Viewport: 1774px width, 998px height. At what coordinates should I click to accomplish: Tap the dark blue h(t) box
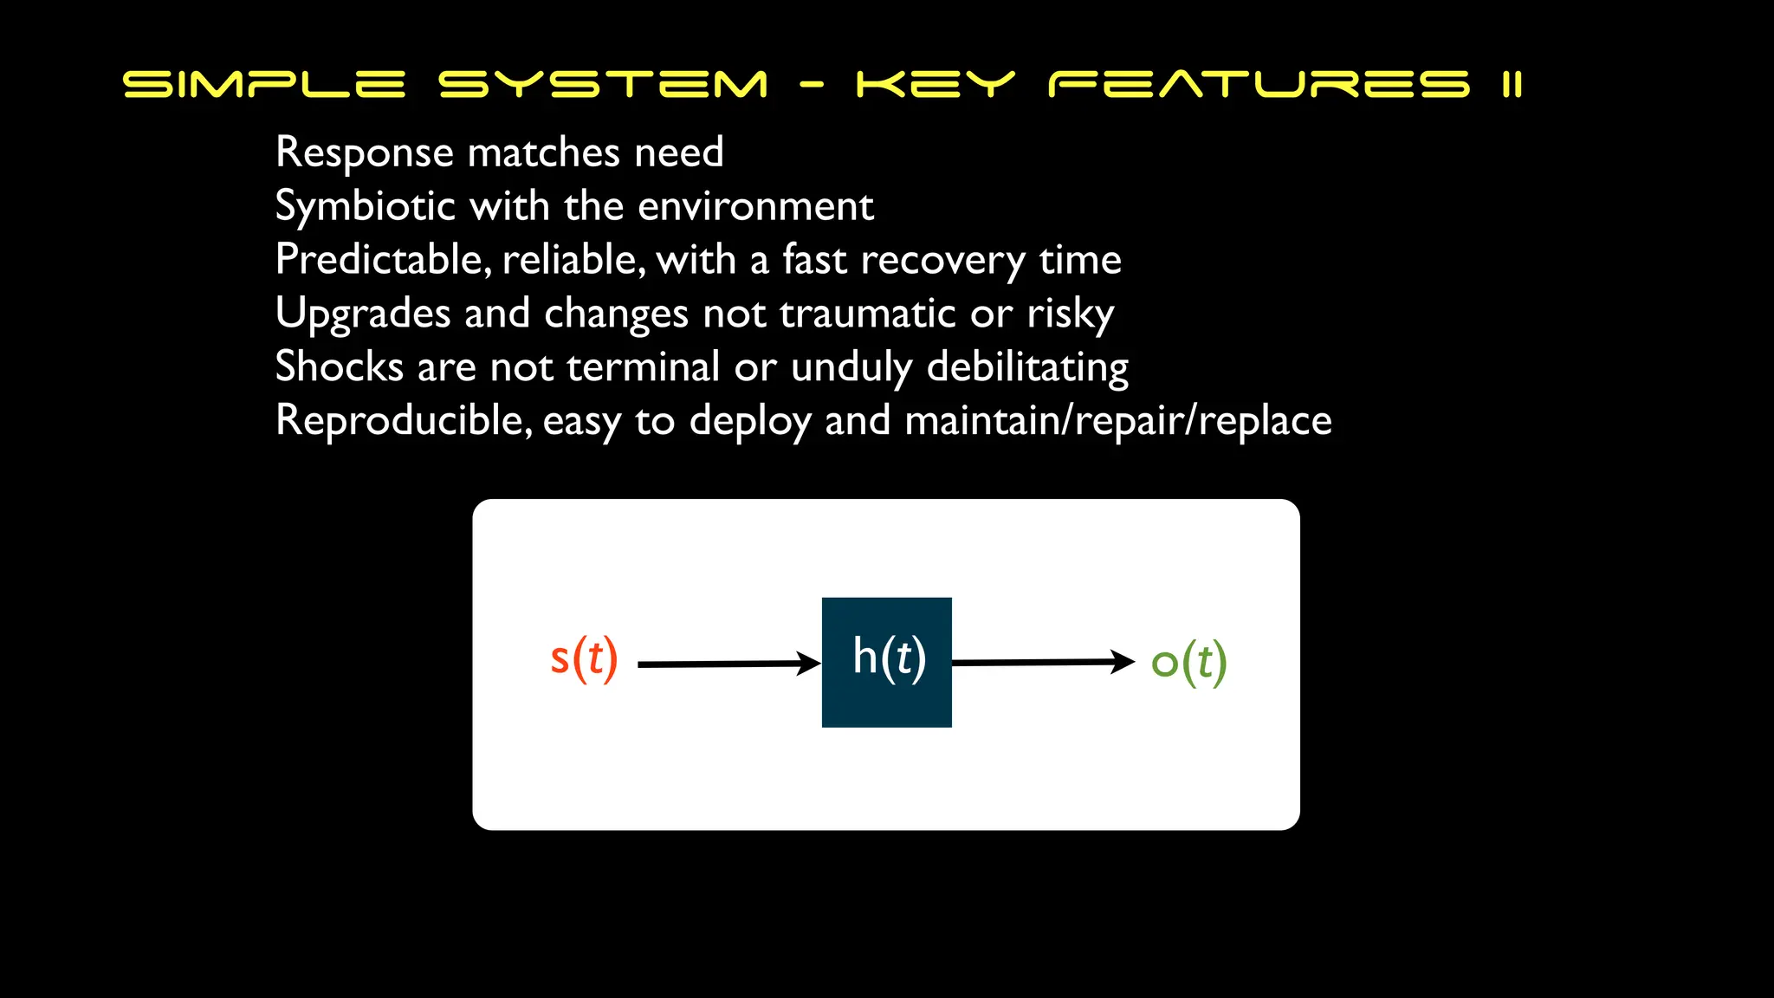point(886,662)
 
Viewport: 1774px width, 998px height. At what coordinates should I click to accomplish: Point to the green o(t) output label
point(1188,663)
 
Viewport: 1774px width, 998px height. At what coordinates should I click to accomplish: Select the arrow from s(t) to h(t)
point(728,664)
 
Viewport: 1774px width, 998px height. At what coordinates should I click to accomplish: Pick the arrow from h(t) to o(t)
point(1043,662)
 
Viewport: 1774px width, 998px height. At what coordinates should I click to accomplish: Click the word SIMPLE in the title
point(264,84)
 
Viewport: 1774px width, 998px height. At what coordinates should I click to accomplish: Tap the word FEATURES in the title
point(1259,84)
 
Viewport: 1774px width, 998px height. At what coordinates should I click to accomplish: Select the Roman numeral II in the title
point(1512,84)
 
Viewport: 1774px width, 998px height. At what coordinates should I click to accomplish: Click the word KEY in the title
point(935,84)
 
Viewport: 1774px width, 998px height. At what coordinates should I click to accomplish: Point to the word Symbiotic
point(365,207)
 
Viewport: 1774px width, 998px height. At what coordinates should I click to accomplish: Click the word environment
point(755,207)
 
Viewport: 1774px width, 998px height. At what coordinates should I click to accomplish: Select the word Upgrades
point(362,314)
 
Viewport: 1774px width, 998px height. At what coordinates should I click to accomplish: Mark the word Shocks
point(339,366)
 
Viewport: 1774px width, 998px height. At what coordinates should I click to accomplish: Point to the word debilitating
point(1027,367)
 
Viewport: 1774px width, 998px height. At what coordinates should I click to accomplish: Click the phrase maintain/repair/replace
point(1117,421)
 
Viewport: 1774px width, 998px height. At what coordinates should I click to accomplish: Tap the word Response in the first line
point(364,153)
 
